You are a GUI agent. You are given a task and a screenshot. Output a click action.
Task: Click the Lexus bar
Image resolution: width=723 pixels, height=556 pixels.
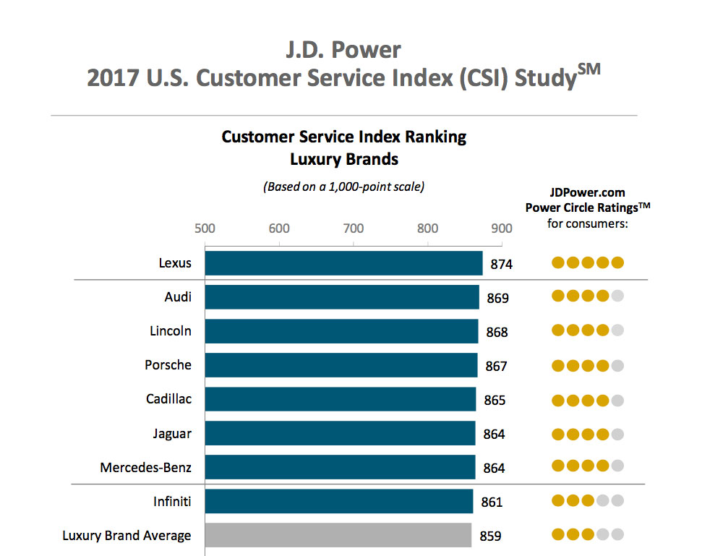[343, 263]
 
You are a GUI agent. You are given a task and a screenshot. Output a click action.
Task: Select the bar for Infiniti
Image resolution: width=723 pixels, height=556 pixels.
[338, 501]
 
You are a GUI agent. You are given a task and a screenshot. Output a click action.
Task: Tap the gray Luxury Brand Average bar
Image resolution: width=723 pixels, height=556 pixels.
[338, 536]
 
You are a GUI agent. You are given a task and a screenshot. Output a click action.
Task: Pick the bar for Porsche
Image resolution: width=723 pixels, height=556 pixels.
[341, 365]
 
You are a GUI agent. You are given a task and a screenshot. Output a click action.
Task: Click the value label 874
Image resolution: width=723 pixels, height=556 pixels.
[501, 265]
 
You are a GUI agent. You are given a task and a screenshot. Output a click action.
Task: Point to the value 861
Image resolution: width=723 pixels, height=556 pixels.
[491, 502]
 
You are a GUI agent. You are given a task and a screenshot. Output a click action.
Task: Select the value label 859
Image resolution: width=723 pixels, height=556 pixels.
[490, 536]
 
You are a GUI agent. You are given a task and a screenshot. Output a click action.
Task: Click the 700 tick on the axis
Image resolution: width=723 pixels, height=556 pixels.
[354, 228]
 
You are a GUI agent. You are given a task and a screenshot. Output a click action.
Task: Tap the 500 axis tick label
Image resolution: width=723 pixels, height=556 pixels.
[205, 228]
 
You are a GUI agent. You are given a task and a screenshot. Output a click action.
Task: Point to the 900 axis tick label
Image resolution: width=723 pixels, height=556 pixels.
[502, 228]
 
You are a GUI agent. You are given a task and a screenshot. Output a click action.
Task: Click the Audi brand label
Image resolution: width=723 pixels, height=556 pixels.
[178, 296]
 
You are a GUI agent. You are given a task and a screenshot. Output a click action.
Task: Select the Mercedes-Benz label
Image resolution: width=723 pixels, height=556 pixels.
[145, 468]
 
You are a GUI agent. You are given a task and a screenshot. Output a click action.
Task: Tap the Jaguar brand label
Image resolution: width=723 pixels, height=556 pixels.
[172, 434]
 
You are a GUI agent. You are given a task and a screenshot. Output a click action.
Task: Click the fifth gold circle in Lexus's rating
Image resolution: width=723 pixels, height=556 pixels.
[617, 262]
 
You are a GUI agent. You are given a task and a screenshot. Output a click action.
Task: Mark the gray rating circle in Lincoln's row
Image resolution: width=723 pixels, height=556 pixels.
[617, 330]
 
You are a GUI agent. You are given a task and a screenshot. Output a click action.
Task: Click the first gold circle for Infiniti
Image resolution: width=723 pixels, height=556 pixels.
[558, 500]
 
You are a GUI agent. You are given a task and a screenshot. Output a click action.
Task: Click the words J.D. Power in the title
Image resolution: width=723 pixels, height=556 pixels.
[343, 51]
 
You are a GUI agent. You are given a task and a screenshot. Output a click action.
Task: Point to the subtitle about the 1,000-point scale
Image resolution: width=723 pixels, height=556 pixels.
[343, 187]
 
